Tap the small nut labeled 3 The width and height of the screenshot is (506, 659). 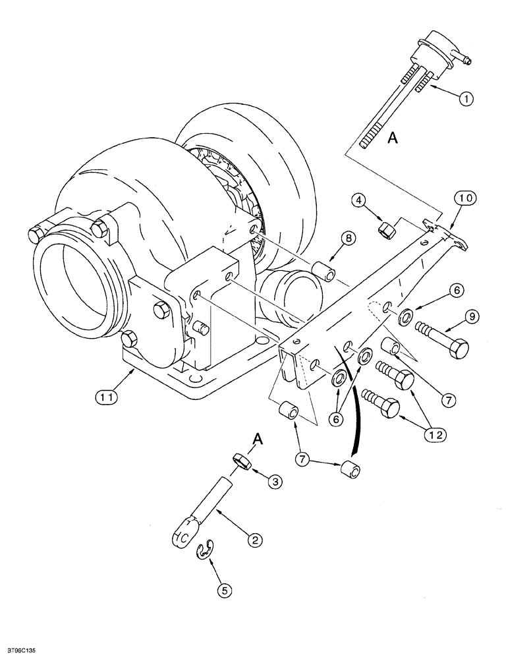pos(242,463)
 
